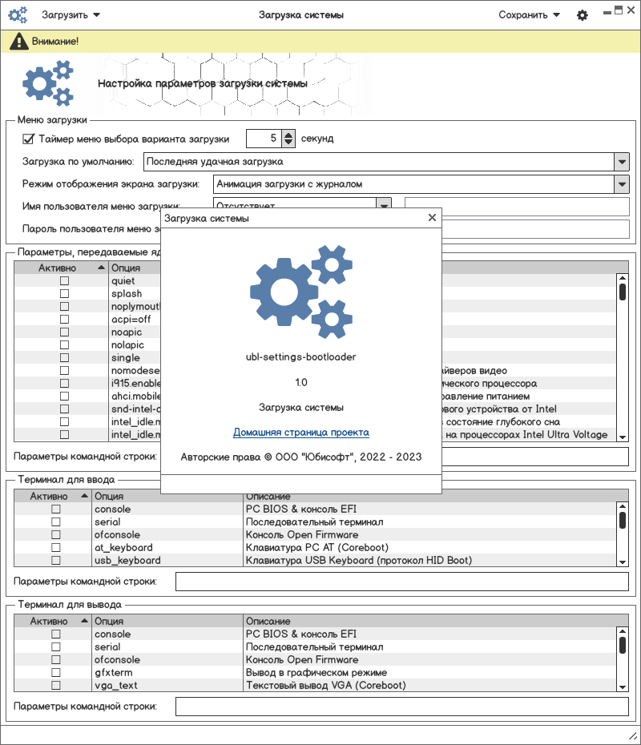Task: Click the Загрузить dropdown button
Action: point(71,15)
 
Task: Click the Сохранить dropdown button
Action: point(529,15)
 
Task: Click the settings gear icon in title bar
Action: point(583,15)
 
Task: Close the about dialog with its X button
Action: point(432,217)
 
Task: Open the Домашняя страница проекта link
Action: point(301,433)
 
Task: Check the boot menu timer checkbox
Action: point(29,139)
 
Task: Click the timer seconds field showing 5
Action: point(263,139)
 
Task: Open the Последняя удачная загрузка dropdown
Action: point(622,162)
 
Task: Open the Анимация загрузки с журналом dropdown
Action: point(622,184)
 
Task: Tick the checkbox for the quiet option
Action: point(64,281)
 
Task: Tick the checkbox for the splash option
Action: point(64,294)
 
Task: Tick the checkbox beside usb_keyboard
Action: point(56,561)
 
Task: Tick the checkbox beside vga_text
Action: point(56,686)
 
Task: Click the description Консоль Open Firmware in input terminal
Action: point(301,535)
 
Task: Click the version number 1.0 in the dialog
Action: point(301,382)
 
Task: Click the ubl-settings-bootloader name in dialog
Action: point(301,357)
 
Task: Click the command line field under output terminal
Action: point(401,707)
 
